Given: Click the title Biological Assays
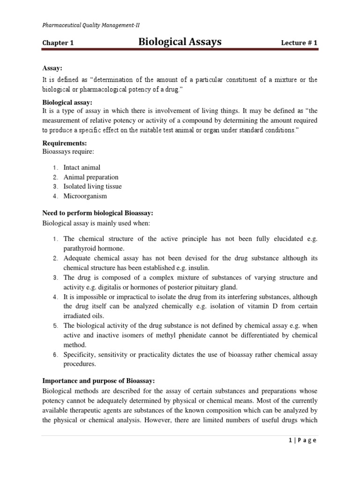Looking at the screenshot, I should [180, 43].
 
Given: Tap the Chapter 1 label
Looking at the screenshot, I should [58, 43].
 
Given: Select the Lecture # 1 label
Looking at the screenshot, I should [299, 43].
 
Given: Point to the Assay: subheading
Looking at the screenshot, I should [52, 69].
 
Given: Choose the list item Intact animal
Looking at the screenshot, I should [82, 167].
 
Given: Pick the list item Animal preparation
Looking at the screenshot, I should [91, 177].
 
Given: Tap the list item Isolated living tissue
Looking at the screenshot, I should [92, 187].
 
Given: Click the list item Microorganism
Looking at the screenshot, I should [85, 196].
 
